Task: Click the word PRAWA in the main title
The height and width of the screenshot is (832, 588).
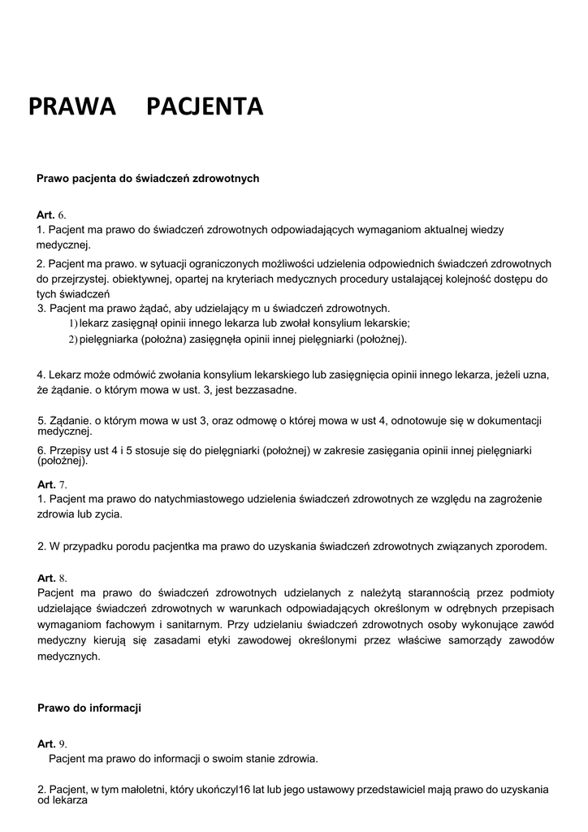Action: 72,107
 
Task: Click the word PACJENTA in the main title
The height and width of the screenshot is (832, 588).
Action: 205,107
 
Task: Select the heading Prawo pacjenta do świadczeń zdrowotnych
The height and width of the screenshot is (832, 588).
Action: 148,178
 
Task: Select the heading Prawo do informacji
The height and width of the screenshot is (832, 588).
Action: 89,708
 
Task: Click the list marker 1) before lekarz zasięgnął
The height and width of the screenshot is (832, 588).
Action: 72,323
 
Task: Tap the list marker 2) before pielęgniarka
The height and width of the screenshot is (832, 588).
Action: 72,339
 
